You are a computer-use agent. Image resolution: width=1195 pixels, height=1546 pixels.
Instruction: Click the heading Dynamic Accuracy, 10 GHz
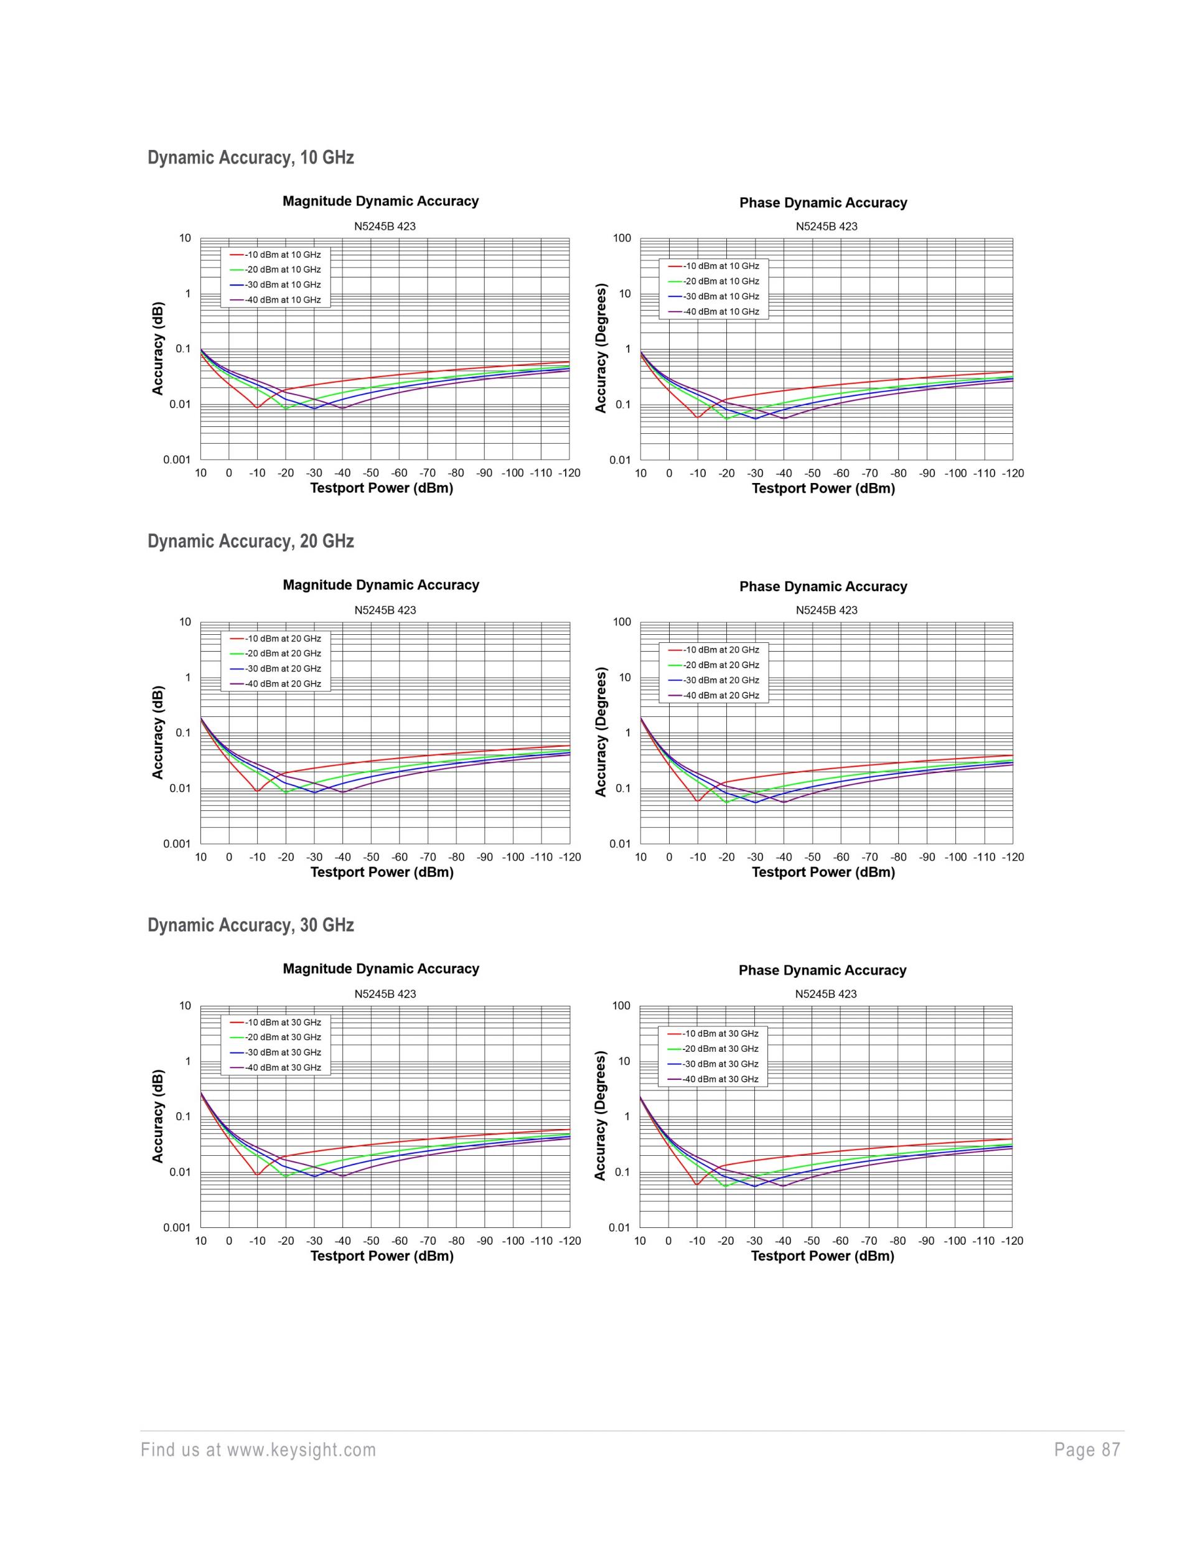click(251, 157)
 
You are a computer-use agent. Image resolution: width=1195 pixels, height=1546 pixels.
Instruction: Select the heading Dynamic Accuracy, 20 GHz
click(251, 541)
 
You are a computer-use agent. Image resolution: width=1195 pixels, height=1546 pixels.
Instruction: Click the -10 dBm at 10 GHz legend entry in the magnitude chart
click(283, 255)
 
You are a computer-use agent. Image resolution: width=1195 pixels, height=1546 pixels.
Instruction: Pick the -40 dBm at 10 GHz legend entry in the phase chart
click(721, 311)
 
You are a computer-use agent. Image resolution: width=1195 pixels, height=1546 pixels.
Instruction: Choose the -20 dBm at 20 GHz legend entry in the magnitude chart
click(283, 654)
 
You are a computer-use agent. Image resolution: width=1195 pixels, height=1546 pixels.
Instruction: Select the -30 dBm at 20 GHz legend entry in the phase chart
click(721, 680)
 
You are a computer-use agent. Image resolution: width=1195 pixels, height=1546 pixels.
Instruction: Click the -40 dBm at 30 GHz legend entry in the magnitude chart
click(283, 1067)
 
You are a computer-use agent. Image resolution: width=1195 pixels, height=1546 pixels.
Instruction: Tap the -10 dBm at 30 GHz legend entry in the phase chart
click(720, 1034)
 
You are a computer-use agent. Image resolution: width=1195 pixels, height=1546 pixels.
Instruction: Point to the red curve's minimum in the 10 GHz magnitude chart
click(257, 407)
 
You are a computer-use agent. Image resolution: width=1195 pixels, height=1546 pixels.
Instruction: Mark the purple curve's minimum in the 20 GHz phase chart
click(784, 802)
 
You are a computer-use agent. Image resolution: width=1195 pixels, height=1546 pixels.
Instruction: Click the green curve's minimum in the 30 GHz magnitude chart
click(285, 1176)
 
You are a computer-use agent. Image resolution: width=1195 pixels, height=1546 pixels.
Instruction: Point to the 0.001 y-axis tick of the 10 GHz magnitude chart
click(177, 460)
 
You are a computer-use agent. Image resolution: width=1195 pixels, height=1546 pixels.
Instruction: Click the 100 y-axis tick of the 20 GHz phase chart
click(622, 622)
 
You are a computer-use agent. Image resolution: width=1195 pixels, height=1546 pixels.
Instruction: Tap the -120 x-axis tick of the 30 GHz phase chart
click(1011, 1241)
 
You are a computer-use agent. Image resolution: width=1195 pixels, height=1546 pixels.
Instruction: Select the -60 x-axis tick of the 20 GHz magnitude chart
click(400, 857)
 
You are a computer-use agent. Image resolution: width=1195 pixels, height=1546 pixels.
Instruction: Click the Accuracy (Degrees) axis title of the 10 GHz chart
click(601, 349)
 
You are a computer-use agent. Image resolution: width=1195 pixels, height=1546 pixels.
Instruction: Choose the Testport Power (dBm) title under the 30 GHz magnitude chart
click(382, 1256)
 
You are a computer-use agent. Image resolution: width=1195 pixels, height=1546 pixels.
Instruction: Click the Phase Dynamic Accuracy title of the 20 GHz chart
click(823, 586)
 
